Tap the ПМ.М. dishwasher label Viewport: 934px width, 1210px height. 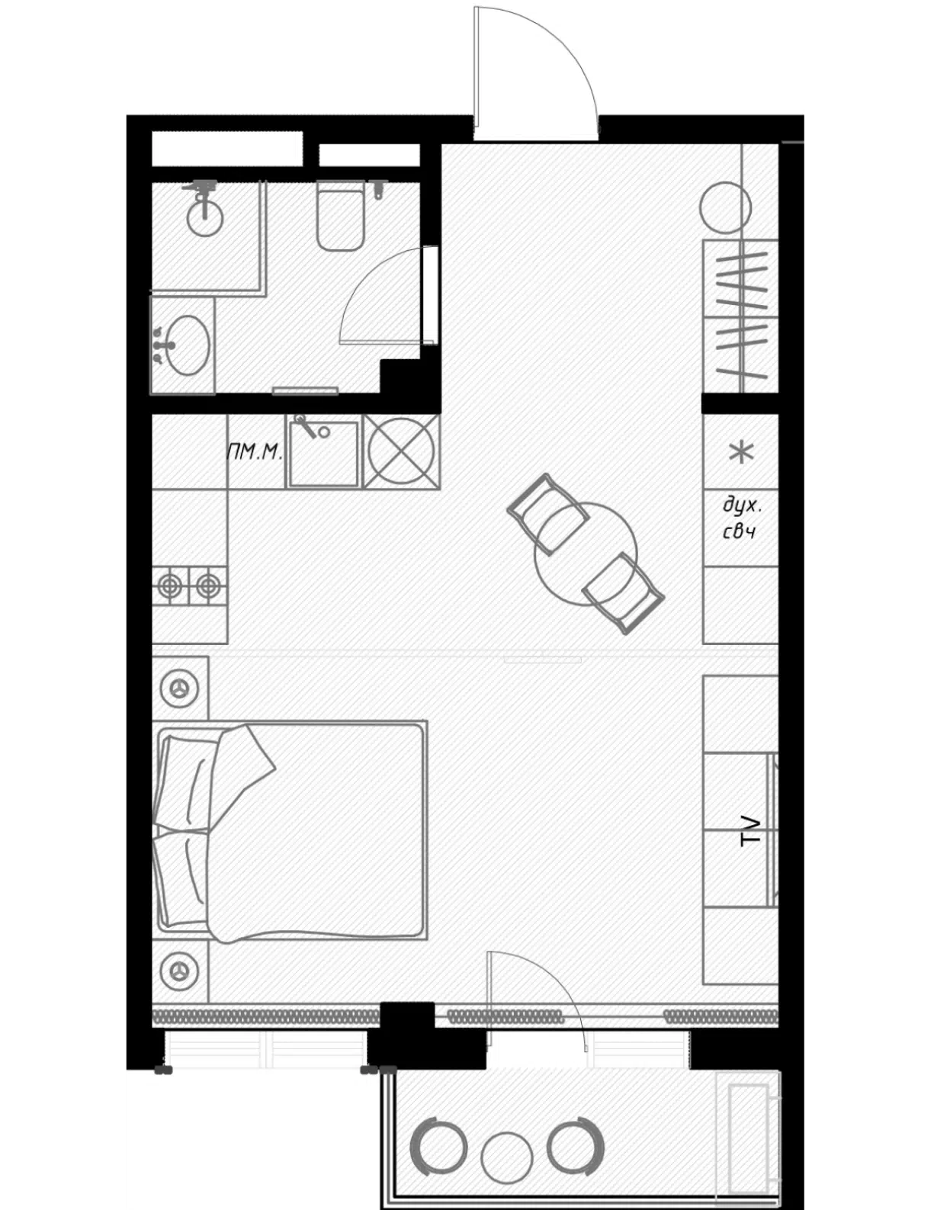pos(255,451)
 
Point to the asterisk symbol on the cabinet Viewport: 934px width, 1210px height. pos(741,452)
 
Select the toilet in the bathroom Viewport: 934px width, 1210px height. pos(340,214)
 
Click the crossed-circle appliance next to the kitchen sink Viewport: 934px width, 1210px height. pos(401,451)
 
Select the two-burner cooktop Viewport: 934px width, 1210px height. pos(189,586)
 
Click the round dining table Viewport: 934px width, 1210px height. pos(585,554)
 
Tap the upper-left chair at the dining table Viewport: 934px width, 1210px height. pos(547,515)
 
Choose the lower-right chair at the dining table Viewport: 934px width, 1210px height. pos(623,594)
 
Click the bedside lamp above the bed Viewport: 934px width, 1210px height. pos(179,688)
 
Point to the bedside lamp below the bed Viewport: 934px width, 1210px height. pos(179,971)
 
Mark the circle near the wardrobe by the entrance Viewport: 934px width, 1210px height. pos(725,207)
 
